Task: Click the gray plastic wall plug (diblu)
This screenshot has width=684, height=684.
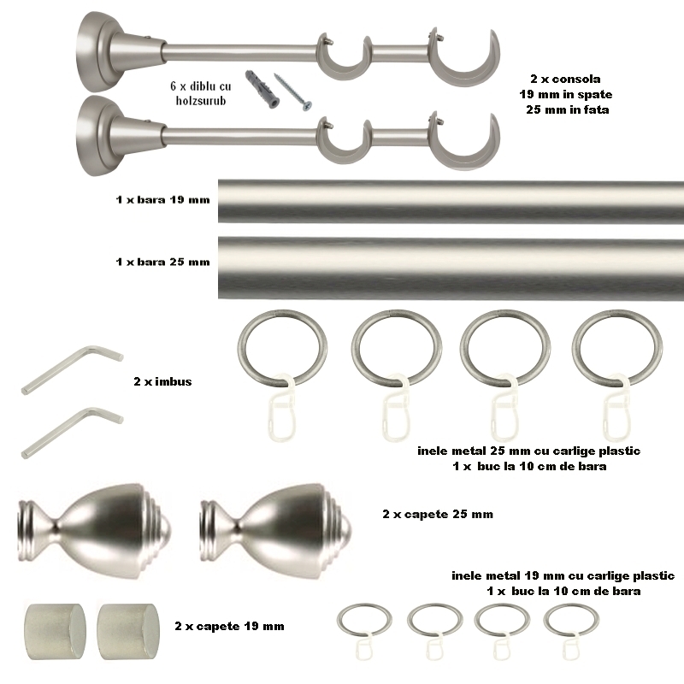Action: click(262, 89)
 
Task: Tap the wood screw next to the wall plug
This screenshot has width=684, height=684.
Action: click(292, 91)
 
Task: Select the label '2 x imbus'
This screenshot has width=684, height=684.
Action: click(162, 381)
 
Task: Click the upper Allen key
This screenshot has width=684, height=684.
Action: click(72, 370)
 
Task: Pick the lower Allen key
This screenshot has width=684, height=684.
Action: click(72, 433)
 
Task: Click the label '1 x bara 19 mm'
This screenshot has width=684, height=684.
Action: click(162, 200)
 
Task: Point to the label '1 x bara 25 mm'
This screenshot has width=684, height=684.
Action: click(162, 262)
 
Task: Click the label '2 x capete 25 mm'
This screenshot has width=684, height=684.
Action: click(438, 514)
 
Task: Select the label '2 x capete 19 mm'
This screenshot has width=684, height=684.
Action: click(229, 627)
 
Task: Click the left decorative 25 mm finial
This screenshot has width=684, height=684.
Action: click(94, 530)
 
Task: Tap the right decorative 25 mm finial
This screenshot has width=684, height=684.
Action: click(275, 530)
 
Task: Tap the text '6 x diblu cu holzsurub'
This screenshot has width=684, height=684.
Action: click(201, 93)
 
